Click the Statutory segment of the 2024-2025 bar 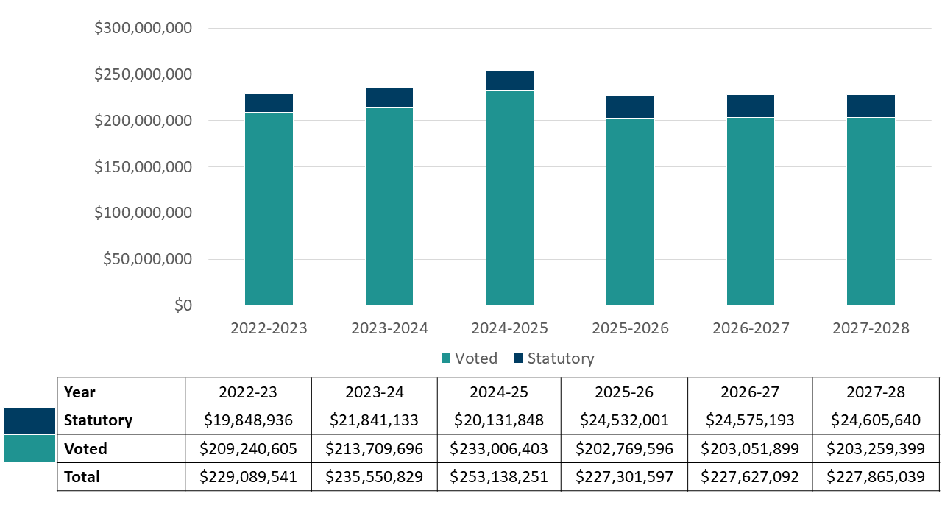point(509,80)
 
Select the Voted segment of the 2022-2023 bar point(269,209)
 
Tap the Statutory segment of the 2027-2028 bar point(871,106)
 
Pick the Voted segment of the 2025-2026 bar point(630,212)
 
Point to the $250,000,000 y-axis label point(144,74)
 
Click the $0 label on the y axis point(183,305)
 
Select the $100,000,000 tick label point(144,213)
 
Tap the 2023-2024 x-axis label point(389,328)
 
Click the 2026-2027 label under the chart point(751,328)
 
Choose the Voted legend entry point(469,358)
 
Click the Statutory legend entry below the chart point(553,358)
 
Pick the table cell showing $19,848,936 point(248,420)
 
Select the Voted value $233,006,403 point(500,448)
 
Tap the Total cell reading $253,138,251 point(500,476)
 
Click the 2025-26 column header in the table point(624,392)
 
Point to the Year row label point(79,392)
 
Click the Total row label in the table point(82,476)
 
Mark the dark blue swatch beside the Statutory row point(29,421)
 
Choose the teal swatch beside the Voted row point(29,448)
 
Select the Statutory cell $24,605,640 point(876,420)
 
